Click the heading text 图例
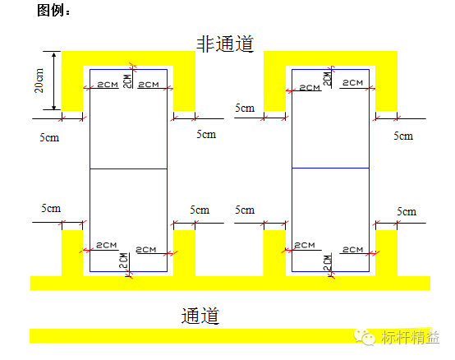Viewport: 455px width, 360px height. (53, 11)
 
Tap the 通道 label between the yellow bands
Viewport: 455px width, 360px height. (200, 315)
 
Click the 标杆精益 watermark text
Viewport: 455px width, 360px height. (409, 337)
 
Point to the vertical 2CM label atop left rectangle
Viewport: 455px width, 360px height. (126, 81)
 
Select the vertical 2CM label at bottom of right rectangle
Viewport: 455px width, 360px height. (327, 263)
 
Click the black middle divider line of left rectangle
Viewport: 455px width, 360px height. (127, 168)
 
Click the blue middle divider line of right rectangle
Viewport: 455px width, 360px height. (330, 168)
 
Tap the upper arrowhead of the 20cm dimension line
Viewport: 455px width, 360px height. (55, 55)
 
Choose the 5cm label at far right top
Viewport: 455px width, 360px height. (403, 136)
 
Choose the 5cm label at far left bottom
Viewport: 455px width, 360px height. (51, 210)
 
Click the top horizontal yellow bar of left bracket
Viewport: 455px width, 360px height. (129, 58)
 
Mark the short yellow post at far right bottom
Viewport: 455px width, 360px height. (386, 252)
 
